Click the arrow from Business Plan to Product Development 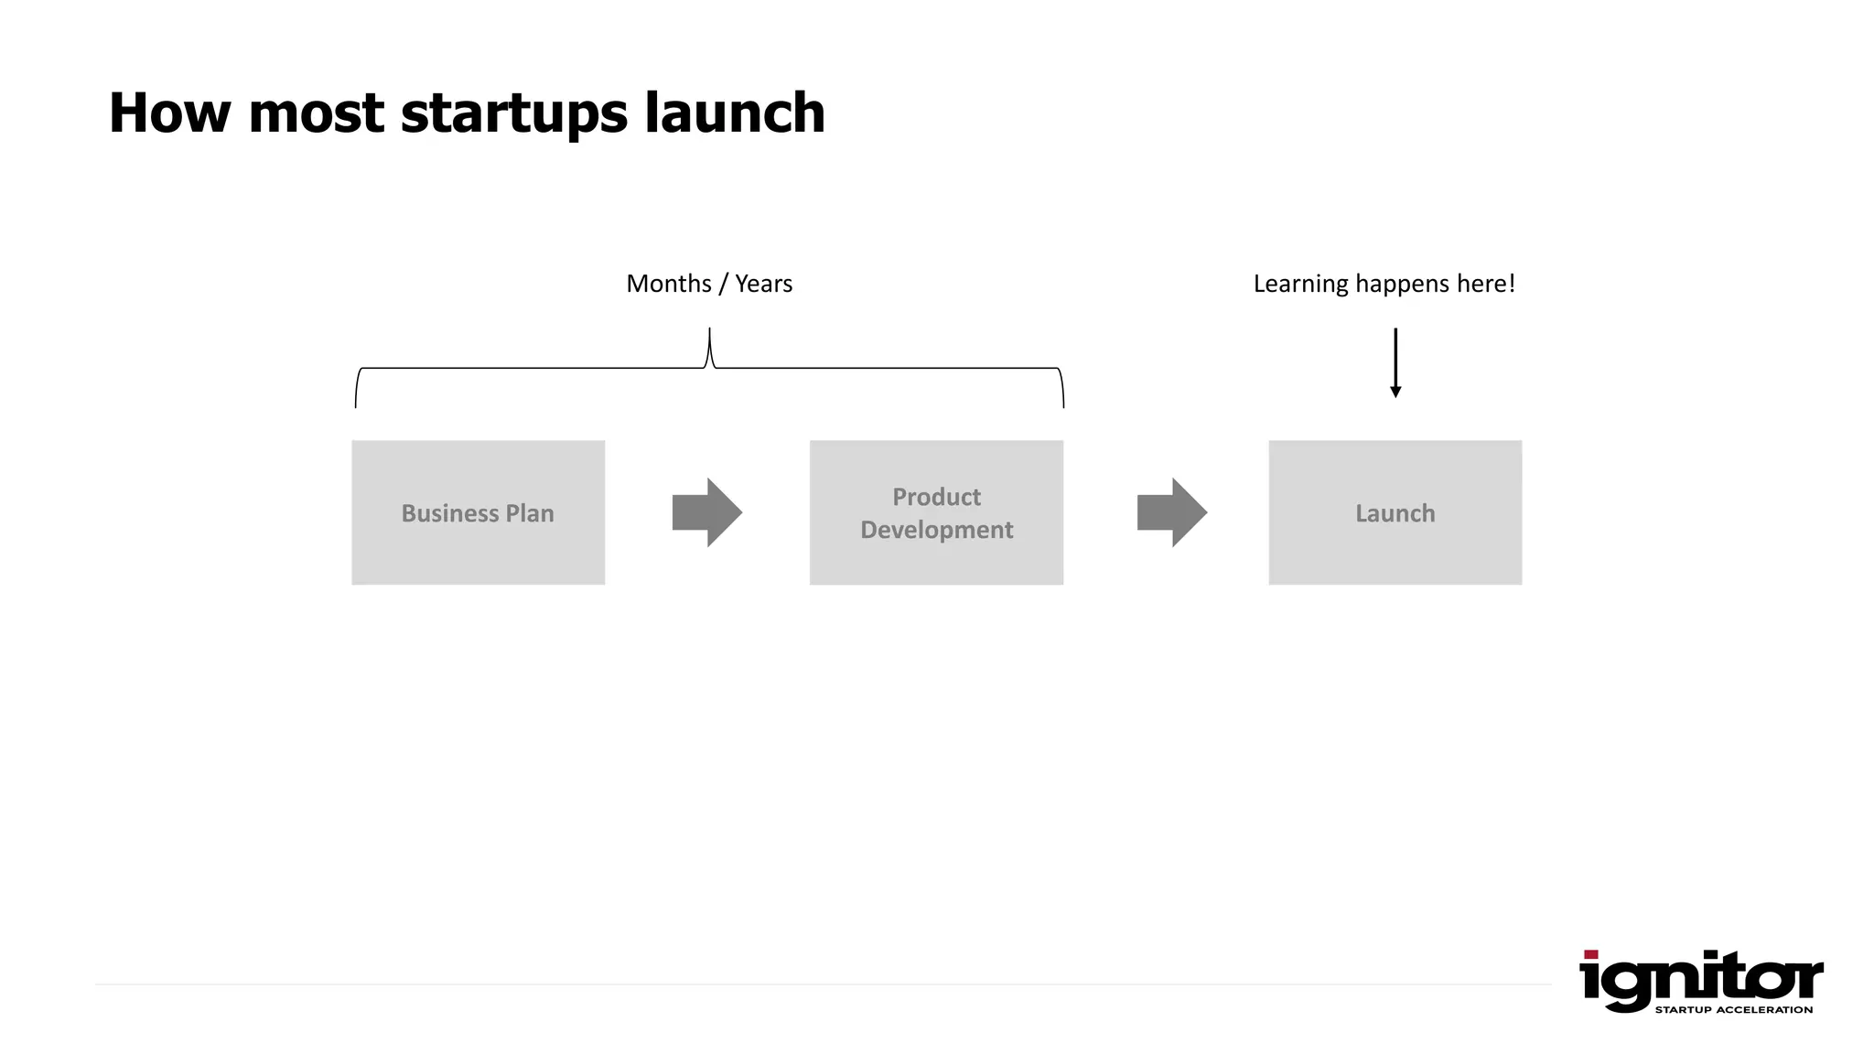[706, 512]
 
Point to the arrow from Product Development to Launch [1171, 512]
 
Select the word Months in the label [669, 284]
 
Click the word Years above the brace [763, 284]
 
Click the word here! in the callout [1486, 284]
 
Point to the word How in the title [169, 113]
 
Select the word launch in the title [734, 113]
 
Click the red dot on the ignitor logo [1590, 954]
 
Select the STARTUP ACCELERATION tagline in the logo [1733, 1010]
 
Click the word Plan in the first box [530, 513]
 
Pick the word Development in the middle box [936, 530]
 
